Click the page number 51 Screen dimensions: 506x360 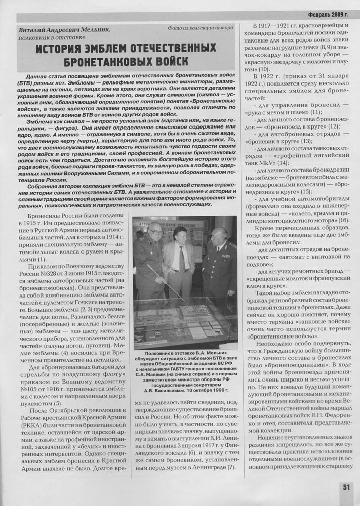tap(346, 487)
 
